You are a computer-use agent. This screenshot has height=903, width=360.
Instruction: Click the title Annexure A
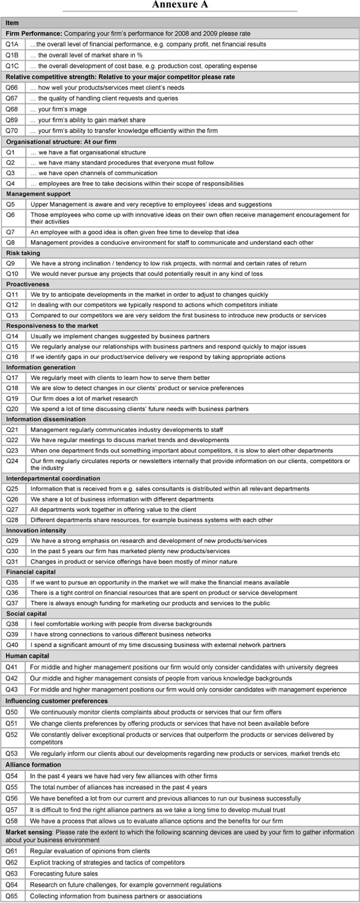[x=180, y=5]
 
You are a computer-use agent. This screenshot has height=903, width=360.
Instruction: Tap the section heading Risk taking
[x=22, y=253]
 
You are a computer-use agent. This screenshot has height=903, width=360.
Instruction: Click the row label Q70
[x=12, y=130]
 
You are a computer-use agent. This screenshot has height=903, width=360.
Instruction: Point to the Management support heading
[x=38, y=194]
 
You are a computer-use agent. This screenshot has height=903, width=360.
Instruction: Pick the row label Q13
[x=12, y=315]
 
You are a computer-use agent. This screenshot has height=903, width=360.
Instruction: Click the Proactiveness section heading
[x=28, y=284]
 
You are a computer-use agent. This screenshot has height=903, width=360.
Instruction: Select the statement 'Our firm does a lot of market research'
[x=84, y=399]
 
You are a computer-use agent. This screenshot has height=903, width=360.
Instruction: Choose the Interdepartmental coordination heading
[x=53, y=478]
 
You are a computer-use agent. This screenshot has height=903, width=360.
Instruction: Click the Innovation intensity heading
[x=36, y=530]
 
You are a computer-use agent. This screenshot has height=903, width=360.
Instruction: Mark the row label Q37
[x=12, y=603]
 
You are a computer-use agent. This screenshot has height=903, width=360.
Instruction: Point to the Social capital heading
[x=27, y=614]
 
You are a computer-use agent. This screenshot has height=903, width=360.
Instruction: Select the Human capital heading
[x=27, y=656]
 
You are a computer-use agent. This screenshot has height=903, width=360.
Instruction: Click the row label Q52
[x=12, y=739]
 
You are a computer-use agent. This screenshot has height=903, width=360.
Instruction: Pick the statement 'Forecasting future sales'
[x=64, y=873]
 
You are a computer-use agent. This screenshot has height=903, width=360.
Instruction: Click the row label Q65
[x=12, y=896]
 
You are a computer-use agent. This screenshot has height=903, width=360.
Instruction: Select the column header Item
[x=12, y=23]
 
